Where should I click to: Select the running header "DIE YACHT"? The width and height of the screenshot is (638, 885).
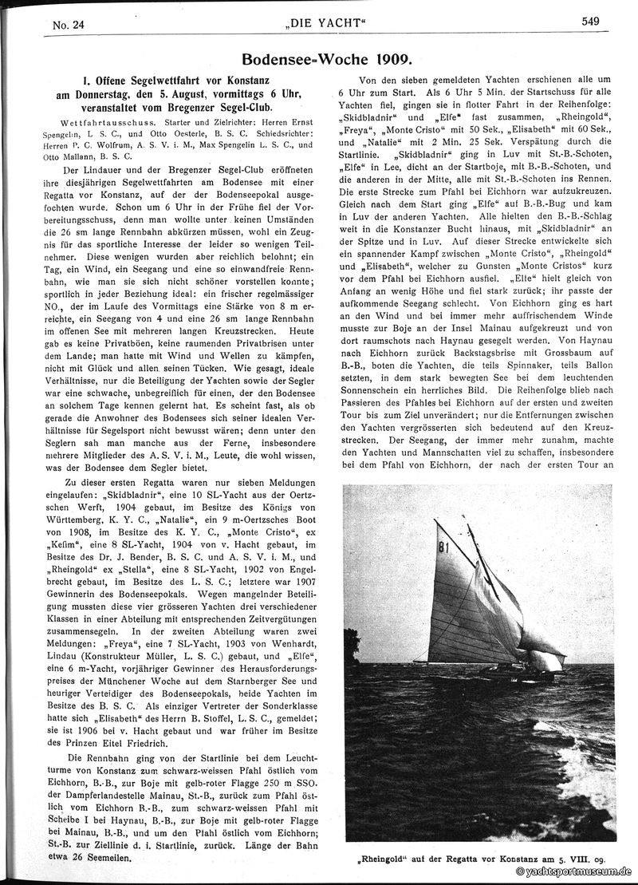coord(329,24)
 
